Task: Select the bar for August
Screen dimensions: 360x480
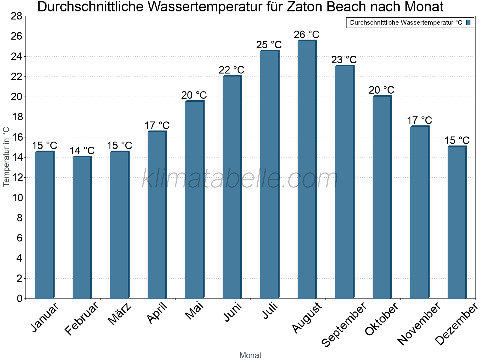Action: point(307,169)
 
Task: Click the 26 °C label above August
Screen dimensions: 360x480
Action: point(307,35)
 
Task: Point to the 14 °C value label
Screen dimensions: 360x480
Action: point(82,151)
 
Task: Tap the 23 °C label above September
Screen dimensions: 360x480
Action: point(344,60)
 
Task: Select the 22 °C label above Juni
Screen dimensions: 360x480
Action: point(232,70)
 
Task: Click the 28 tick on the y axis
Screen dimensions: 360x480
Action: point(17,16)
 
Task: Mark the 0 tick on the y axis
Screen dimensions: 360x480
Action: point(20,298)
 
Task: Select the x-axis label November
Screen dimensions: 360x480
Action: point(419,324)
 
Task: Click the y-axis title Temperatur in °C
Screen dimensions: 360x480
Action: point(6,157)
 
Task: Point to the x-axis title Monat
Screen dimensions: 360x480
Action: point(250,355)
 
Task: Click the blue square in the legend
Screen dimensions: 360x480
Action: point(469,22)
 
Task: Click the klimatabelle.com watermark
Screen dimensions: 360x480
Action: point(240,179)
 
